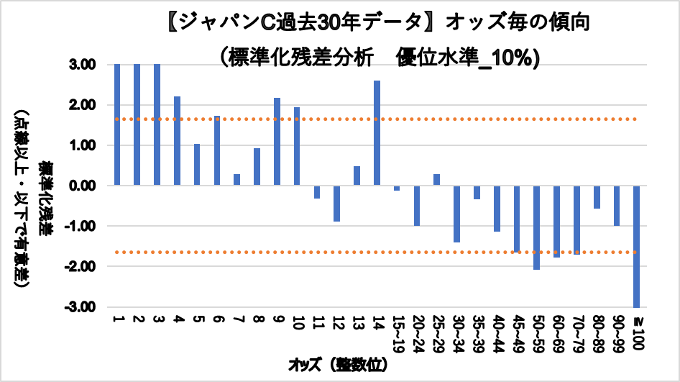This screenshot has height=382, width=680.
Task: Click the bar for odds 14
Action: (x=377, y=133)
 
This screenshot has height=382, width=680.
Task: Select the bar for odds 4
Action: (x=177, y=141)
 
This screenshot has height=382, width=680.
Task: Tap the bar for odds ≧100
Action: (x=637, y=246)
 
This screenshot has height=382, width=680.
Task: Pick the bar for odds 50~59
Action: (x=537, y=227)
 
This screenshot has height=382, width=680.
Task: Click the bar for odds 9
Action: (x=277, y=142)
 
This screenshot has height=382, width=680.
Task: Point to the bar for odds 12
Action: (x=336, y=204)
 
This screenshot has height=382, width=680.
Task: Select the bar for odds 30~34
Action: (x=456, y=214)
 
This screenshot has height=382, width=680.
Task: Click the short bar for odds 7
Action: (x=236, y=180)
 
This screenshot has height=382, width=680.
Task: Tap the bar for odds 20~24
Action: (x=417, y=206)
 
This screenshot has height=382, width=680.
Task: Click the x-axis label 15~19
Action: (x=397, y=331)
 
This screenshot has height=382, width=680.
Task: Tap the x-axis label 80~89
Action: (x=597, y=331)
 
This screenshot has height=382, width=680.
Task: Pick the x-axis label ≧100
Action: (x=637, y=332)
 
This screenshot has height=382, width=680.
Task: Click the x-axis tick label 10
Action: (x=297, y=322)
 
